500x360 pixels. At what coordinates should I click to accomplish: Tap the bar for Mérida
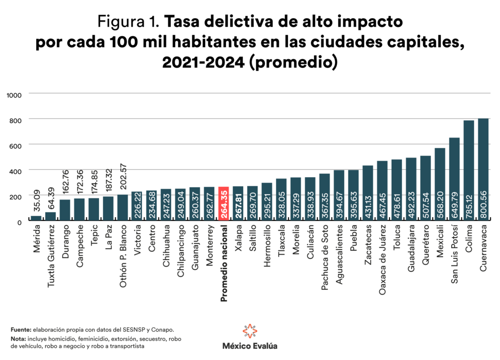coord(36,218)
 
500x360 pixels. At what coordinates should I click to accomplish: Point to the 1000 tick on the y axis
coord(14,94)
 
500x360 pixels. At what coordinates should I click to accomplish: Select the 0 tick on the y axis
coord(19,222)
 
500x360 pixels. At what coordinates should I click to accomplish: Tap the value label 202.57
coord(123,178)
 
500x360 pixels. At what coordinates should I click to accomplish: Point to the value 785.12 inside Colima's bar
coord(469,203)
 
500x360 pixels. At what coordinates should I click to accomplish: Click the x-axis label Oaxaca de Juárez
coord(382,261)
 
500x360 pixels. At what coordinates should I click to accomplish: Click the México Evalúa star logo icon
coord(250,331)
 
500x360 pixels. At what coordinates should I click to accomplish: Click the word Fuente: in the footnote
coord(21,330)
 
